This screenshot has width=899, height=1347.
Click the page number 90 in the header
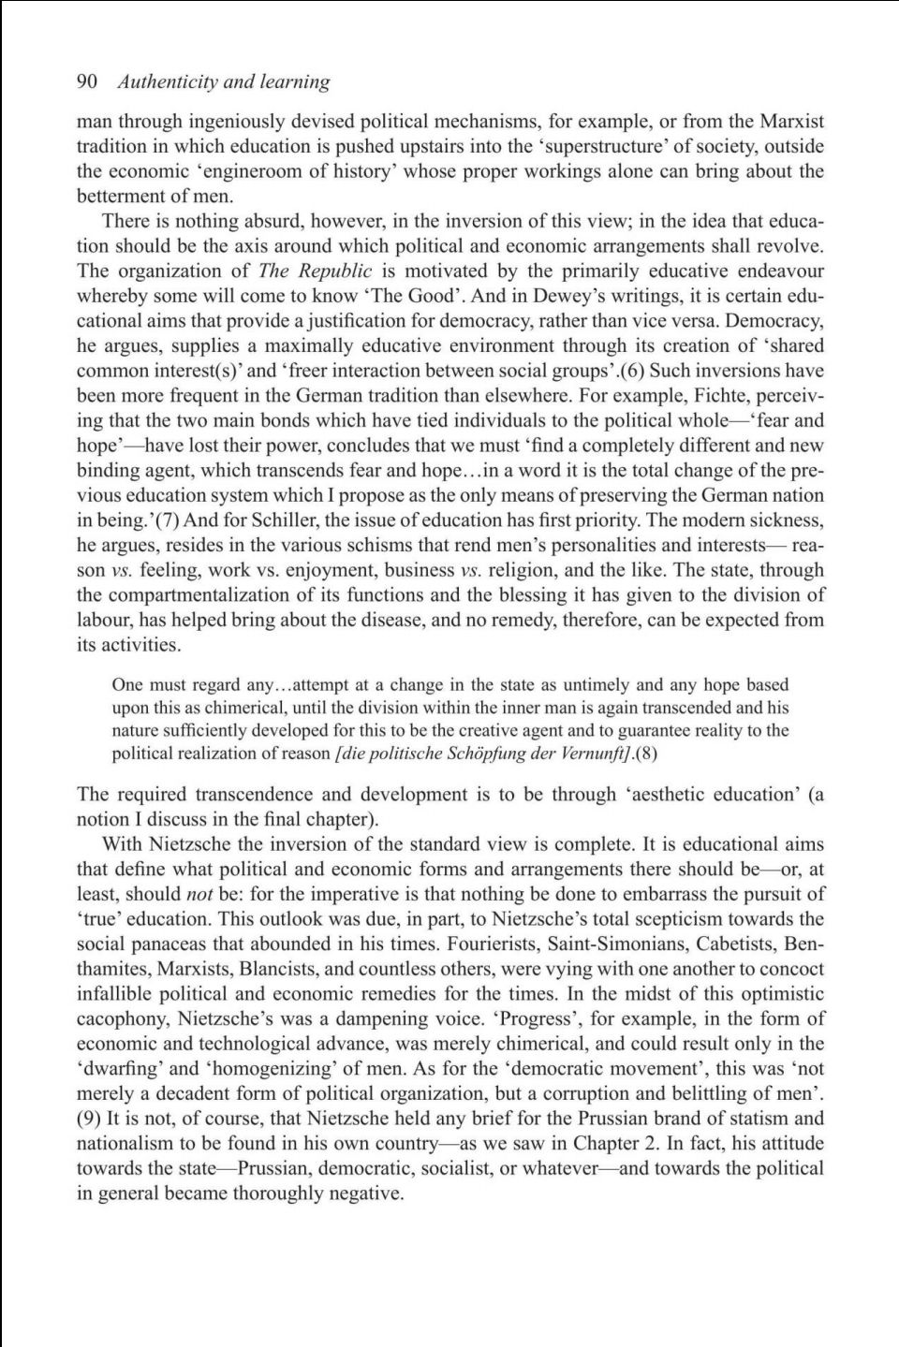(x=87, y=81)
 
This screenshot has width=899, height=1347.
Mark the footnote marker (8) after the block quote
(x=654, y=754)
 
